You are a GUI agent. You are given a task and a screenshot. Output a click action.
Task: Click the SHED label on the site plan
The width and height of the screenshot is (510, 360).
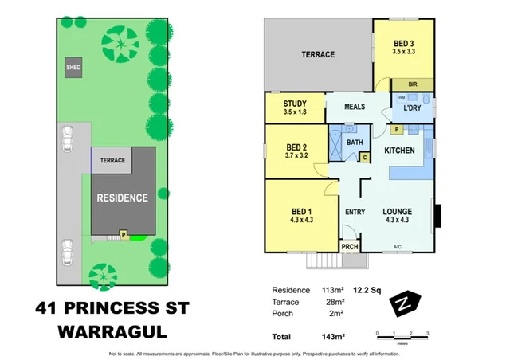pyautogui.click(x=74, y=68)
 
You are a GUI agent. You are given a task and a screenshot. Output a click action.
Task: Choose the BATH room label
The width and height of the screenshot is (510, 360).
pyautogui.click(x=355, y=143)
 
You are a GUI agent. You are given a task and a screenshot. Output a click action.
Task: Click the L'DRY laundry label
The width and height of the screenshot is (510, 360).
pyautogui.click(x=412, y=108)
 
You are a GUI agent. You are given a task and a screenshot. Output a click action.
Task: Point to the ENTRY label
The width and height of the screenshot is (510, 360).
pyautogui.click(x=354, y=211)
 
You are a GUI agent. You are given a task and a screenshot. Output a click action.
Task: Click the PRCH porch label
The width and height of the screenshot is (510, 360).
pyautogui.click(x=350, y=248)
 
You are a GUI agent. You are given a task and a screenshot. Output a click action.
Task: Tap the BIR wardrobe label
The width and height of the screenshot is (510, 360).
pyautogui.click(x=413, y=84)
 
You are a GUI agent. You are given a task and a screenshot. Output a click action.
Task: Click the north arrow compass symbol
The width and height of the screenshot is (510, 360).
pyautogui.click(x=405, y=303)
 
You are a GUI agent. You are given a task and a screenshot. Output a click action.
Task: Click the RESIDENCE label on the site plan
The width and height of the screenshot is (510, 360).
pyautogui.click(x=122, y=198)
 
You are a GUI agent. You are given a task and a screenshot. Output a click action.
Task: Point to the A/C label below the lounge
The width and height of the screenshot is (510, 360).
pyautogui.click(x=396, y=247)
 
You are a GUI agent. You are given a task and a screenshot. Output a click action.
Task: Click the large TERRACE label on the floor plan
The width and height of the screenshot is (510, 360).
pyautogui.click(x=318, y=54)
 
